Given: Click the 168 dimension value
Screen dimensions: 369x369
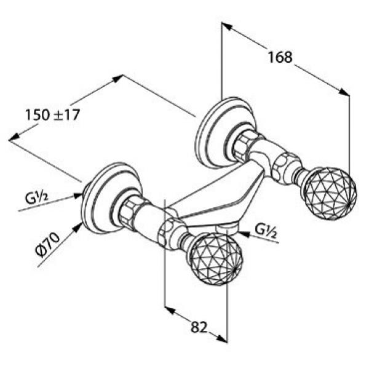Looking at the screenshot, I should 280,57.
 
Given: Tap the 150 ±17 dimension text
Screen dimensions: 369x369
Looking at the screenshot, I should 52,114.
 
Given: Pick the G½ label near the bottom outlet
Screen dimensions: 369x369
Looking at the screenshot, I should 266,231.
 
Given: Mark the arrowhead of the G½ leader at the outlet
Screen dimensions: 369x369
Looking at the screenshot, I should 240,233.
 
